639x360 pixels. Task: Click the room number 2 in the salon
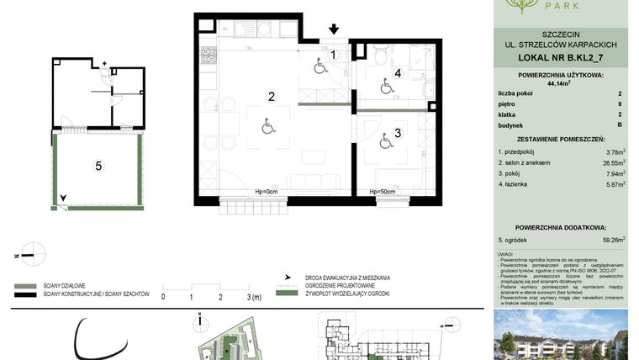tap(272, 97)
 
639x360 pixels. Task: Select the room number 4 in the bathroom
tap(398, 74)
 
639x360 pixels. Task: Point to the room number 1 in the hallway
tap(333, 55)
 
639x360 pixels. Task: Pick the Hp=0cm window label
tap(266, 192)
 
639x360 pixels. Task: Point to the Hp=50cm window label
tap(383, 192)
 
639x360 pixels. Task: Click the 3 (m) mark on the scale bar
tap(252, 297)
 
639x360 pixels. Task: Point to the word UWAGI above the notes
tap(504, 253)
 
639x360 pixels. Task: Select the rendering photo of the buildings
tap(560, 336)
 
